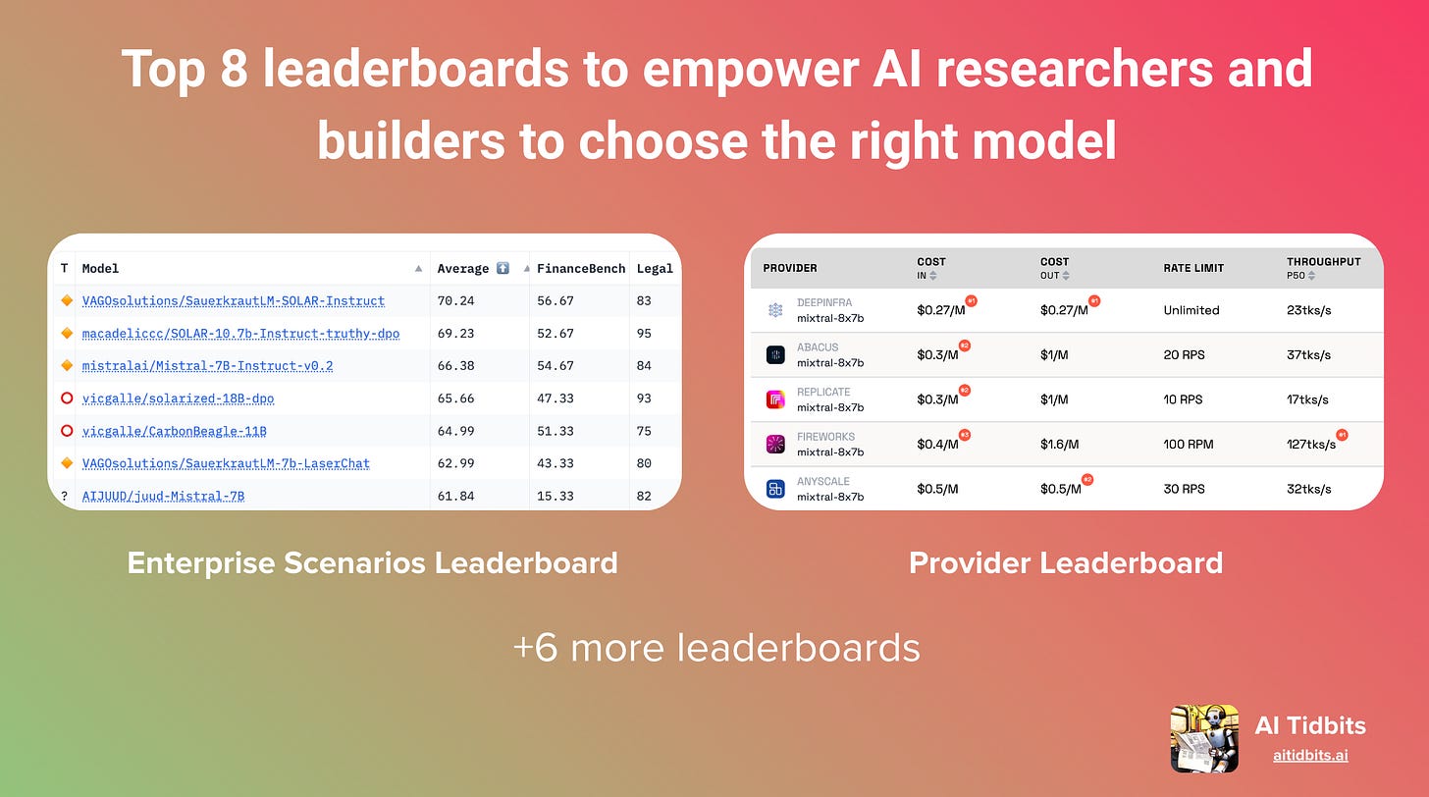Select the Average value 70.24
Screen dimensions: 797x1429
[454, 301]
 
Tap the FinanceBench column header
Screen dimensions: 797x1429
[580, 268]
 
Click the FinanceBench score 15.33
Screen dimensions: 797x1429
[555, 496]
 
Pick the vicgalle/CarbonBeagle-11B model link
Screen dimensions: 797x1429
[174, 431]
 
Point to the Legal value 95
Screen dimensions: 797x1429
[644, 334]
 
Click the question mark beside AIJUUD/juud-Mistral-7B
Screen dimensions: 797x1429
[65, 496]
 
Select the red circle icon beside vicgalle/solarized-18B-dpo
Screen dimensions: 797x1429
[66, 398]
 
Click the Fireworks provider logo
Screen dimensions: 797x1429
[775, 444]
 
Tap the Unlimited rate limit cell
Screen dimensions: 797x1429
[1191, 310]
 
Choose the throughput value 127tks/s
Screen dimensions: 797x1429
[1310, 445]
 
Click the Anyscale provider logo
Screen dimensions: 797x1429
[775, 489]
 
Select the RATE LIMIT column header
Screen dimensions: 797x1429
[1193, 268]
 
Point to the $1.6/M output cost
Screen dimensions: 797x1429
[1059, 445]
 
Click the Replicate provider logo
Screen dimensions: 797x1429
[775, 399]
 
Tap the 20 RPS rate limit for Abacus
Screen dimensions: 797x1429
[1184, 355]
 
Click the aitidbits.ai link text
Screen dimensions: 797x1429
[1309, 756]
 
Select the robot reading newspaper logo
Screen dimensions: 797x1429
[1203, 738]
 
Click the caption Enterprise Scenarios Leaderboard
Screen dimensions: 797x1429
[372, 562]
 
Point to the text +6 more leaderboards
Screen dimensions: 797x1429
[715, 648]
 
